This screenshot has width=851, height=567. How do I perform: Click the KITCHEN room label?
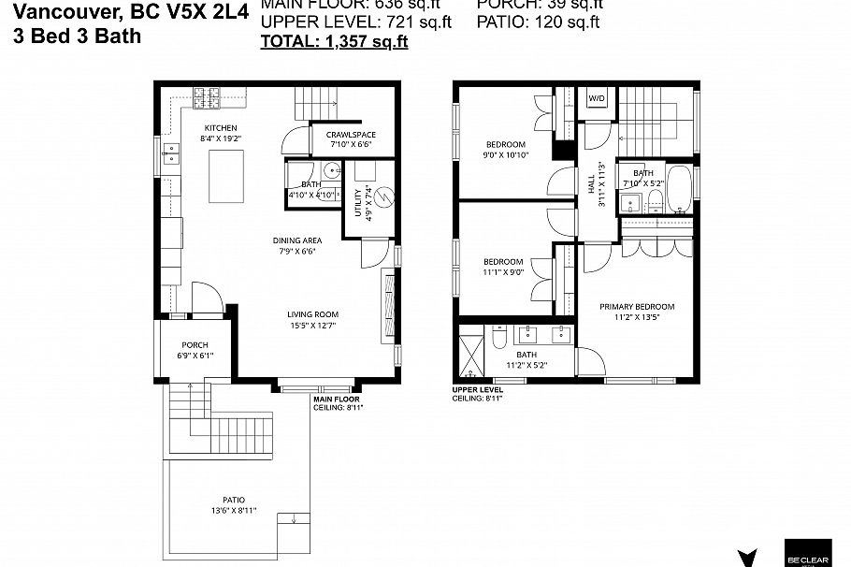tap(221, 128)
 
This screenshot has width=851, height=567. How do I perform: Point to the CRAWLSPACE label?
tap(351, 135)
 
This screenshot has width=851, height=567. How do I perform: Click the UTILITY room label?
tap(359, 203)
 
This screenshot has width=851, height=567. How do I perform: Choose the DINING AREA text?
tap(297, 240)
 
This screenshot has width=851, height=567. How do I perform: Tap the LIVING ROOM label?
tap(312, 314)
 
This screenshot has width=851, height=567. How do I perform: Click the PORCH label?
tap(195, 345)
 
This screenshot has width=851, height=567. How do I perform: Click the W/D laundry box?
tap(595, 97)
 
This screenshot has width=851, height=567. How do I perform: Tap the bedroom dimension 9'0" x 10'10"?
tap(505, 155)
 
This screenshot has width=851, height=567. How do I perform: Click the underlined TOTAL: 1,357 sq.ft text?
tap(334, 41)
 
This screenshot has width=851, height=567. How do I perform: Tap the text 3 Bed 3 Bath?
tap(78, 36)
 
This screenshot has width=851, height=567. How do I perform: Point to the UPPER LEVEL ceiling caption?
tap(478, 393)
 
